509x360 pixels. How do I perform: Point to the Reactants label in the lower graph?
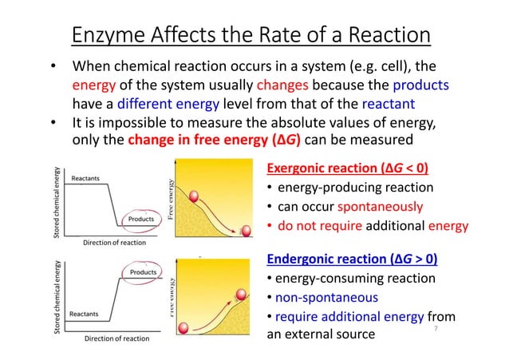coord(84,314)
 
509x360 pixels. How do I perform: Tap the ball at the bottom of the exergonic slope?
coord(247,232)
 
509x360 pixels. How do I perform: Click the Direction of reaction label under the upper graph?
coord(113,242)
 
